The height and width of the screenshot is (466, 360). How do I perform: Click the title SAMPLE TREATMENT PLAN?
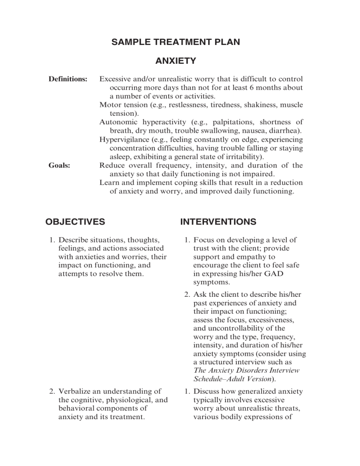pyautogui.click(x=175, y=43)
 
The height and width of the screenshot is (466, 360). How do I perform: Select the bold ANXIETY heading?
pyautogui.click(x=175, y=61)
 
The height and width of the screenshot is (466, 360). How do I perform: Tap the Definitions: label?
pyautogui.click(x=68, y=79)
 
